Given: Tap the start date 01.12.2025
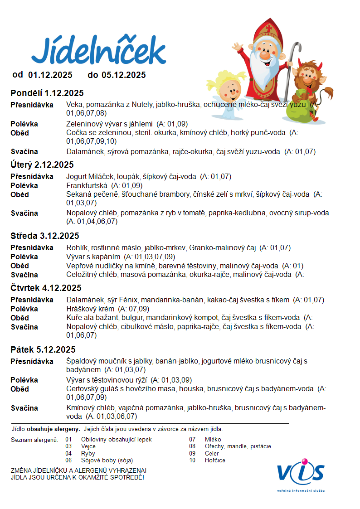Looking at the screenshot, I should click(x=50, y=75).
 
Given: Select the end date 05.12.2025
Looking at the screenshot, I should click(x=123, y=75).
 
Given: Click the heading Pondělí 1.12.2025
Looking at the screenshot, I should click(x=47, y=93).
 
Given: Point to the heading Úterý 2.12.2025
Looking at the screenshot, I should click(x=42, y=165).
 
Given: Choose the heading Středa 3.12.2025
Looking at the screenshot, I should click(x=45, y=236).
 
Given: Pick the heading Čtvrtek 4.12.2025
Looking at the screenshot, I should click(x=46, y=288).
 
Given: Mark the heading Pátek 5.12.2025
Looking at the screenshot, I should click(x=43, y=349).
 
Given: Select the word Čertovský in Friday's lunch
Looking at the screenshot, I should click(x=83, y=389).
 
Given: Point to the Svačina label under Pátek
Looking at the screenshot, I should click(x=24, y=408).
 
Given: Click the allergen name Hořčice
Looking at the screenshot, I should click(x=215, y=460).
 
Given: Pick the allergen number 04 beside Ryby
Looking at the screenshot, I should click(x=68, y=453).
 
